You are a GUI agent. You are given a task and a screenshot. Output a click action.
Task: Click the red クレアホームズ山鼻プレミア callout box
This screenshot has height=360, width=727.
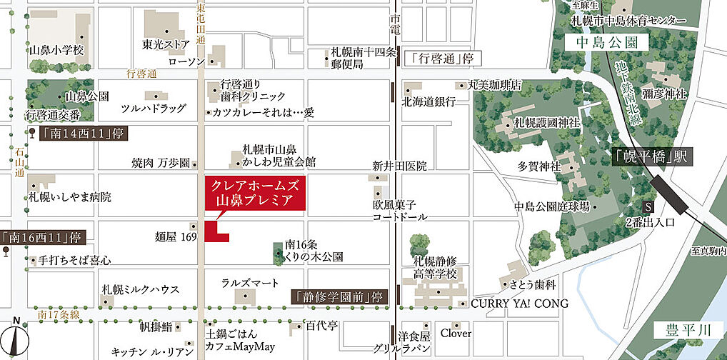pos(255,194)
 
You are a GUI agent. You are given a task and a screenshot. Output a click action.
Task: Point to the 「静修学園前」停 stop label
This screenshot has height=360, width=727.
pos(339,296)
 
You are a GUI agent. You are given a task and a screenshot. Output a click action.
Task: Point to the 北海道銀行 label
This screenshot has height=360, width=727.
pos(428,102)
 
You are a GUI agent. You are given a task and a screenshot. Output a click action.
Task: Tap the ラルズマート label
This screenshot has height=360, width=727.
pos(250,283)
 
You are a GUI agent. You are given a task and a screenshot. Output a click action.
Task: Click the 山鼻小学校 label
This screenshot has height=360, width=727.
pos(56,50)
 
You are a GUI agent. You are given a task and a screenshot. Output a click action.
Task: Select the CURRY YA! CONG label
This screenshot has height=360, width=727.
pos(520,304)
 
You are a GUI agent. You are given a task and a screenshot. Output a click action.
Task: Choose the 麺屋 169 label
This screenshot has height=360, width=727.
pos(175,236)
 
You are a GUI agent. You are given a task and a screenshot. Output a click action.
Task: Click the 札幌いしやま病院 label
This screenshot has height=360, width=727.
pos(70,196)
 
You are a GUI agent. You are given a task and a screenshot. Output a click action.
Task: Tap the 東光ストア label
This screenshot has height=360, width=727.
pos(166,44)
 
